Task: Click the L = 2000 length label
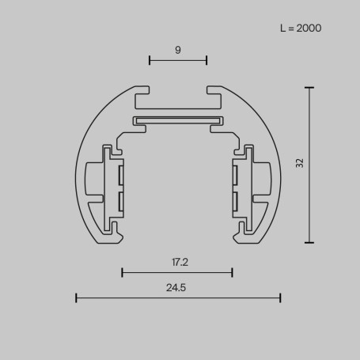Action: (x=301, y=28)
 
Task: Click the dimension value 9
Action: (x=178, y=50)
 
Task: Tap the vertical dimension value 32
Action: (x=299, y=164)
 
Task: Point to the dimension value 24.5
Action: (x=177, y=287)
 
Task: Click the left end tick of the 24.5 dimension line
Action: (x=76, y=297)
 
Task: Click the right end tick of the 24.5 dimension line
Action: (x=280, y=297)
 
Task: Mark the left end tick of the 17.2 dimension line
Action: (x=122, y=272)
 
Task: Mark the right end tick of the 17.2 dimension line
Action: (x=232, y=272)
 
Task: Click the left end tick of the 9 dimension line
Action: (x=150, y=59)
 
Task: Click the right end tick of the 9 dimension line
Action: (x=207, y=59)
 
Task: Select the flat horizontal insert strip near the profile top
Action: (x=178, y=120)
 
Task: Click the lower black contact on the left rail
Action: (x=120, y=202)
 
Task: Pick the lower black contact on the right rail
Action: (x=235, y=202)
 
